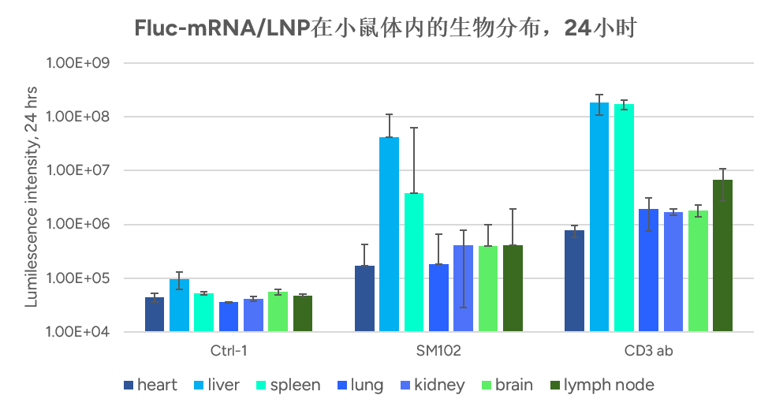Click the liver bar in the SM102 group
(389, 234)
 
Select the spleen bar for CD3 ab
(624, 218)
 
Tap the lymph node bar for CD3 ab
(722, 255)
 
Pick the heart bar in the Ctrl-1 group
(155, 315)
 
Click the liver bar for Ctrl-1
(179, 305)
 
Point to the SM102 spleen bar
(414, 262)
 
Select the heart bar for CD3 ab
(575, 281)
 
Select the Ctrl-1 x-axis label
(229, 350)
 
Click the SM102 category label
(438, 350)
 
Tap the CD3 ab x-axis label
(649, 350)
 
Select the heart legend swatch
(128, 386)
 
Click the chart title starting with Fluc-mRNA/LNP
(385, 28)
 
